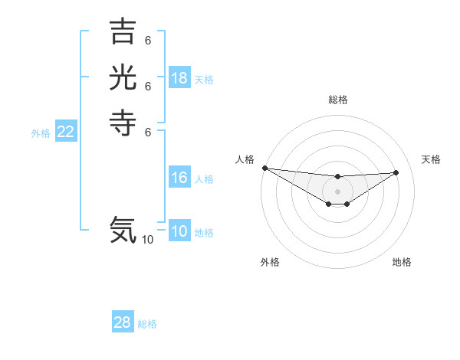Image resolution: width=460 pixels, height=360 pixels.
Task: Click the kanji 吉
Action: (123, 32)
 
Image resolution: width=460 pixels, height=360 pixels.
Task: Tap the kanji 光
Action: (123, 78)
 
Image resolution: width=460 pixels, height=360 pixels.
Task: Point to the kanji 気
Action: (123, 229)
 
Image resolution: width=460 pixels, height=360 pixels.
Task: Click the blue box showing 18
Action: (179, 78)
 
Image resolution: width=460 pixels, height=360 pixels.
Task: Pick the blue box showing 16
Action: (179, 178)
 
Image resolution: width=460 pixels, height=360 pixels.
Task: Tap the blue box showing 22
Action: (66, 132)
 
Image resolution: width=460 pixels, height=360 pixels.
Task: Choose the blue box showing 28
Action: (123, 322)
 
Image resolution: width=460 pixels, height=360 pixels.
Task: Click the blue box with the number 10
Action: (179, 231)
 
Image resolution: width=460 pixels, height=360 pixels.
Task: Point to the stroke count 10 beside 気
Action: (147, 240)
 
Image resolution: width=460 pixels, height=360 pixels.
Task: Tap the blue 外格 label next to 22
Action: (41, 133)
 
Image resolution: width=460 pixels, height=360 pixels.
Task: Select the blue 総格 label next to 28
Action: (147, 324)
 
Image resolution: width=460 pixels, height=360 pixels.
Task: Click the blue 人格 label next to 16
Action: (204, 179)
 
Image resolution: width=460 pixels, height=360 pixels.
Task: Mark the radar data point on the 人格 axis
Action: (264, 168)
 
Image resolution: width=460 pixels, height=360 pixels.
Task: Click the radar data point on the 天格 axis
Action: (396, 172)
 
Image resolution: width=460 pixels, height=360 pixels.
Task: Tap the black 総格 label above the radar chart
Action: (338, 100)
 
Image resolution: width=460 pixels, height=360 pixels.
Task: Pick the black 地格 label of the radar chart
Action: (402, 262)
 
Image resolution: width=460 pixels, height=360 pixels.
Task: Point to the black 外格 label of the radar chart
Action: (270, 262)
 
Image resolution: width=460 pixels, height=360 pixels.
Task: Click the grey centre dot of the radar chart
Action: (337, 191)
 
